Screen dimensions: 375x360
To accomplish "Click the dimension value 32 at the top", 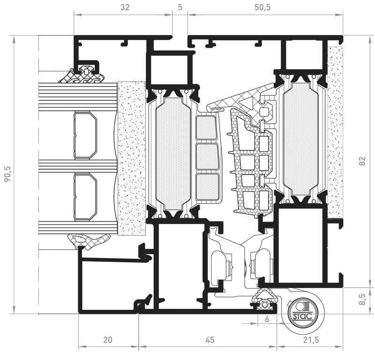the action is [125, 8].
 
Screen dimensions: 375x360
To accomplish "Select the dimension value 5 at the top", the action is [180, 8].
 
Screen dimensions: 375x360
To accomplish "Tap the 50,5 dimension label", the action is [262, 8].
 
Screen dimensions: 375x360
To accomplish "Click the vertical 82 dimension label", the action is [362, 161].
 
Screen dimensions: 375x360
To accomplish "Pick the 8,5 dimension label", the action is [362, 299].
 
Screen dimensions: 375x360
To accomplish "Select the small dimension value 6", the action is [267, 319].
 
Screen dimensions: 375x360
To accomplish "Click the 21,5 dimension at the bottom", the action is [311, 340].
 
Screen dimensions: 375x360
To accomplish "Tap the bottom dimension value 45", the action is [210, 340].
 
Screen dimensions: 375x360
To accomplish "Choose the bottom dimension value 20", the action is [108, 340].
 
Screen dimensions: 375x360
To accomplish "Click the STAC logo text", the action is [302, 316].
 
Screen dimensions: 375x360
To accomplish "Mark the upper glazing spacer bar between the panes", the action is [85, 135].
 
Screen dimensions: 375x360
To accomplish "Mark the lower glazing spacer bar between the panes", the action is [85, 196].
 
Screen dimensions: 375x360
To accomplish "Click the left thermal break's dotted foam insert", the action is [173, 154].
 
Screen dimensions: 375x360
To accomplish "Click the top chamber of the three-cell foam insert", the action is [206, 127].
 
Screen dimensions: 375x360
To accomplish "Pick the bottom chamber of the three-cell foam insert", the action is [207, 187].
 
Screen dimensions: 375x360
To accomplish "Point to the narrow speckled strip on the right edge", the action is [335, 132].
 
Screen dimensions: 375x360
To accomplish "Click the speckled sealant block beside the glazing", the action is [132, 158].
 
